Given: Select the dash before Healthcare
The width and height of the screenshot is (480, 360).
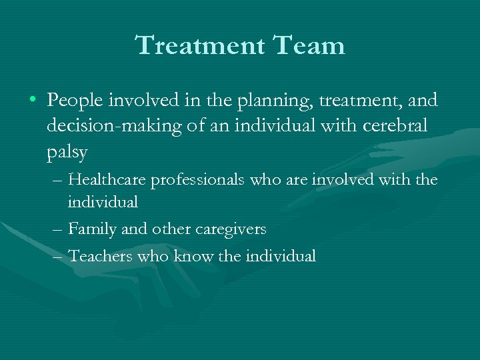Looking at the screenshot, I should (57, 180).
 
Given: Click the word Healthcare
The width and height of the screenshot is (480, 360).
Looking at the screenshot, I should (109, 179).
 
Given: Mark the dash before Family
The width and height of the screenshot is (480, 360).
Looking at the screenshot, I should (57, 229).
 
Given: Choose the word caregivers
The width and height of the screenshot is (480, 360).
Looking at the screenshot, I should (231, 229).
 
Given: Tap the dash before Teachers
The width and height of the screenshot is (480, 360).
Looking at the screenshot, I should (57, 255).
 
